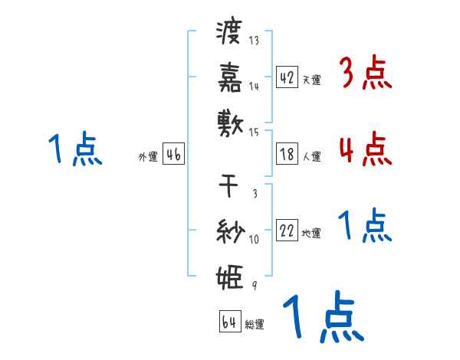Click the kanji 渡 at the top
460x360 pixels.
(x=229, y=33)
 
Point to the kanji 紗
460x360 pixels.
(x=229, y=230)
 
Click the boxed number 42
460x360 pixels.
(x=287, y=77)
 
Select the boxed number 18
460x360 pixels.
(x=287, y=154)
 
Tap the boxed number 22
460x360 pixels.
(x=287, y=231)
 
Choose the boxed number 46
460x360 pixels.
(x=173, y=154)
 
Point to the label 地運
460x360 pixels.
(x=311, y=233)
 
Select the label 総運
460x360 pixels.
(x=255, y=325)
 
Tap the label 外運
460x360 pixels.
(x=148, y=156)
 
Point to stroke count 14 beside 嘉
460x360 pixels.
(x=254, y=87)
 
